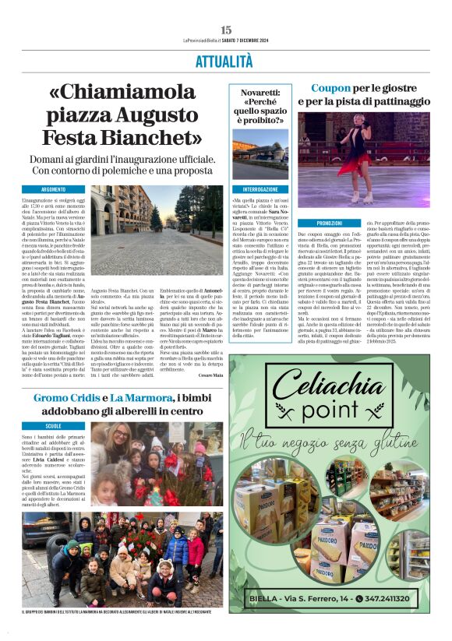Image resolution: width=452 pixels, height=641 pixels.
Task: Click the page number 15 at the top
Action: pos(226,29)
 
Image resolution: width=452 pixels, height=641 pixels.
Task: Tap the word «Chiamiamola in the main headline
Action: pos(123,93)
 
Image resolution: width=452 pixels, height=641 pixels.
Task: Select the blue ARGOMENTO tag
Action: pos(54,189)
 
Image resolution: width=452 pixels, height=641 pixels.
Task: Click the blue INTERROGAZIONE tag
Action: pos(259,189)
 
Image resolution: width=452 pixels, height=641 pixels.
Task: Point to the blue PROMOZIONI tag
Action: pos(320,223)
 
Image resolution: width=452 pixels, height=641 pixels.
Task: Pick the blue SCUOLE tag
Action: pos(54,426)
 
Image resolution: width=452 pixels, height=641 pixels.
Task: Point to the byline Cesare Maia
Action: pos(210,375)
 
